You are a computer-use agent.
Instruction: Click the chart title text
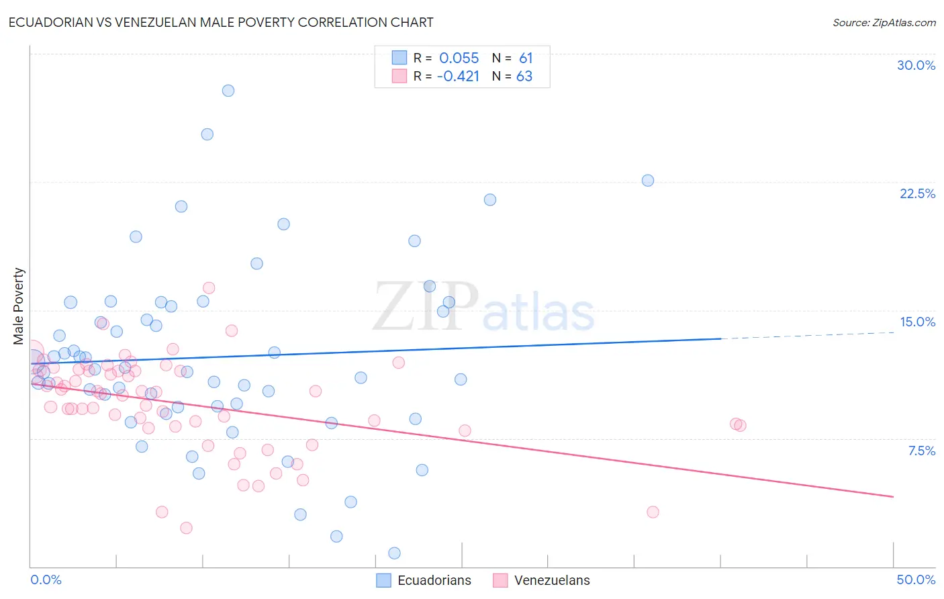(x=221, y=22)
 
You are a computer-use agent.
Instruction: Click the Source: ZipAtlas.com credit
(x=884, y=22)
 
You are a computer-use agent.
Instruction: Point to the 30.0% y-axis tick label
(x=916, y=65)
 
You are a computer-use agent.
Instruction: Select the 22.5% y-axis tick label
(x=917, y=193)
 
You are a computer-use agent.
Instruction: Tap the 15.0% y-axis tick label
(x=917, y=322)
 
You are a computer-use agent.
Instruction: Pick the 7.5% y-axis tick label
(x=921, y=451)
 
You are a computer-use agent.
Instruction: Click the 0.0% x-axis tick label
(x=46, y=580)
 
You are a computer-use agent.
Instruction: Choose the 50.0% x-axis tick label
(x=916, y=580)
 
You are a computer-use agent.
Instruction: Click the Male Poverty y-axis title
(x=19, y=306)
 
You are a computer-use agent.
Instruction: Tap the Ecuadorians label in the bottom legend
(x=434, y=580)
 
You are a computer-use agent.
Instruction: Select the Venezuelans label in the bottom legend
(x=552, y=580)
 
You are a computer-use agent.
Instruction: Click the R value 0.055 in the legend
(x=459, y=58)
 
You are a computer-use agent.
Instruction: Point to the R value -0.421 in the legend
(x=458, y=77)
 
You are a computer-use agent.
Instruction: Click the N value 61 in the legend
(x=526, y=58)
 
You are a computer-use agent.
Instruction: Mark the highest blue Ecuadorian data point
(x=228, y=91)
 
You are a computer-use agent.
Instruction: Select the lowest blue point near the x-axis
(x=394, y=553)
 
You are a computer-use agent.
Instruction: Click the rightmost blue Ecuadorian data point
(x=648, y=181)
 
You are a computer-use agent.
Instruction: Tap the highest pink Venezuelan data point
(x=209, y=288)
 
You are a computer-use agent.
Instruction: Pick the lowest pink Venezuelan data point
(x=187, y=528)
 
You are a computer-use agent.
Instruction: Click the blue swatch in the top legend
(x=399, y=58)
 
